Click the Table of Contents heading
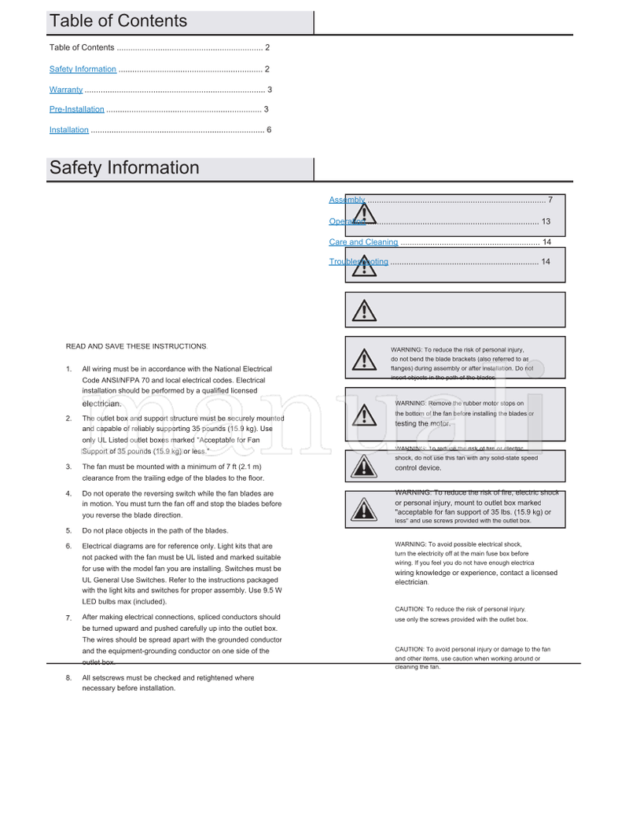tap(118, 21)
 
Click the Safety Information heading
tap(124, 168)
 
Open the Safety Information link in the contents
tap(83, 69)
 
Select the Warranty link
tap(66, 90)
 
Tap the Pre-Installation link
tap(77, 109)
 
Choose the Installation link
tap(69, 130)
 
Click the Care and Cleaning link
tap(363, 242)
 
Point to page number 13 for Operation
tap(546, 222)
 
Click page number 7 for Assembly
tap(550, 200)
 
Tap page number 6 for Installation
tap(269, 130)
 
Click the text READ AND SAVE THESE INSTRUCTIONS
tap(136, 346)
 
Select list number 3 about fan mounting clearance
tap(69, 467)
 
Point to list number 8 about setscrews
tap(69, 677)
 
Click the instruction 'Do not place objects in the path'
tap(155, 531)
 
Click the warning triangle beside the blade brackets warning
tap(363, 360)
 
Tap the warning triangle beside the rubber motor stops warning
tap(363, 415)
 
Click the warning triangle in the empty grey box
tap(363, 310)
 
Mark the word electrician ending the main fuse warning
tap(411, 583)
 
